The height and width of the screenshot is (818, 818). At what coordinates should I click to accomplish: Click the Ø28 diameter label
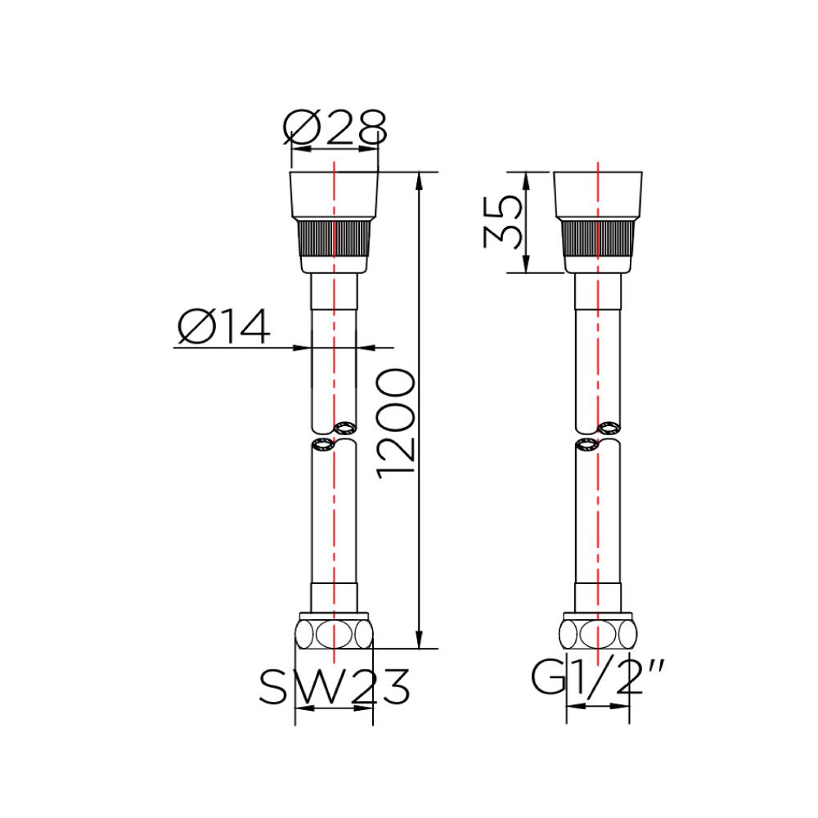tap(335, 128)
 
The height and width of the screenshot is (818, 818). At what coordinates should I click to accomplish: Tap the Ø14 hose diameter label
tap(223, 328)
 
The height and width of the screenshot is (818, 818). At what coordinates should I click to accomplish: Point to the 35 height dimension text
tap(501, 222)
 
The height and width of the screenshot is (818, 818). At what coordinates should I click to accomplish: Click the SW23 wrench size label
tap(334, 687)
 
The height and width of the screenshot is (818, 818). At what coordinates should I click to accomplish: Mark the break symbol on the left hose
tap(334, 436)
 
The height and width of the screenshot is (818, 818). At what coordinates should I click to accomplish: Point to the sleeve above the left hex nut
tap(335, 596)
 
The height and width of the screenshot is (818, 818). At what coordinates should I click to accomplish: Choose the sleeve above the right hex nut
tap(598, 596)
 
